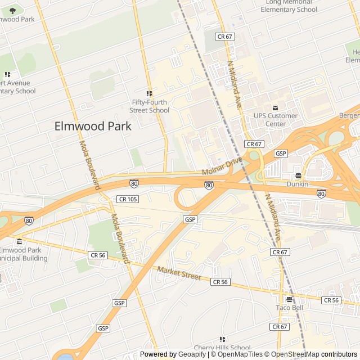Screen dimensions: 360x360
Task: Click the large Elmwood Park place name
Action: click(x=93, y=126)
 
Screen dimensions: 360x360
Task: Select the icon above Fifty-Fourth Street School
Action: click(x=149, y=93)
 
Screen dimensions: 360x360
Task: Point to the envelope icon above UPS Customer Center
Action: click(x=275, y=107)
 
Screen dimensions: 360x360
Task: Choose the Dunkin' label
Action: click(x=298, y=184)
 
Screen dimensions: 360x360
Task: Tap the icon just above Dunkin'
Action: click(x=298, y=175)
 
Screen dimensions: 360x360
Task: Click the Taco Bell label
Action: click(x=289, y=308)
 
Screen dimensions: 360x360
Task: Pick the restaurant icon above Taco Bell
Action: click(x=289, y=299)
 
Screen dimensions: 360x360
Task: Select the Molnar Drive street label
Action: click(x=222, y=166)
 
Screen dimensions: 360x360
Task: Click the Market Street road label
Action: click(x=179, y=274)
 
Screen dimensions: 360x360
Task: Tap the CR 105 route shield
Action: click(x=128, y=199)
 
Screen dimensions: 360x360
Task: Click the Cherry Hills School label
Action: click(x=222, y=348)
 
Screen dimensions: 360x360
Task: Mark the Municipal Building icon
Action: click(x=19, y=242)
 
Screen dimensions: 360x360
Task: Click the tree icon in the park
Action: click(x=12, y=10)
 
